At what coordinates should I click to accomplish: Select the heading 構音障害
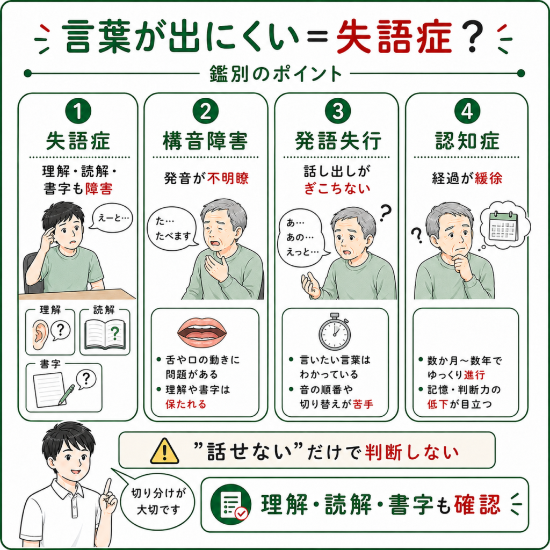(206, 141)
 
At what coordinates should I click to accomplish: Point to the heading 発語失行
(338, 141)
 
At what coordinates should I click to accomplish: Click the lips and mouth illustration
(202, 331)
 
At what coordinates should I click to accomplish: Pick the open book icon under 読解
(105, 335)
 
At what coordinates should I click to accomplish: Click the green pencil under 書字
(67, 394)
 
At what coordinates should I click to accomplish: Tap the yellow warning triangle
(164, 451)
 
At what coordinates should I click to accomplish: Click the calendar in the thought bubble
(503, 227)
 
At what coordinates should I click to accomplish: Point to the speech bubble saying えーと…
(112, 218)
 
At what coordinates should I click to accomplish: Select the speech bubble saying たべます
(172, 229)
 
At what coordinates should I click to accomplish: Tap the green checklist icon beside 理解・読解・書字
(231, 504)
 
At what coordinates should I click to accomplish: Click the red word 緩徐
(488, 178)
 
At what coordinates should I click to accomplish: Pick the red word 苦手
(363, 404)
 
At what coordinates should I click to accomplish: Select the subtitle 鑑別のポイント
(276, 74)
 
